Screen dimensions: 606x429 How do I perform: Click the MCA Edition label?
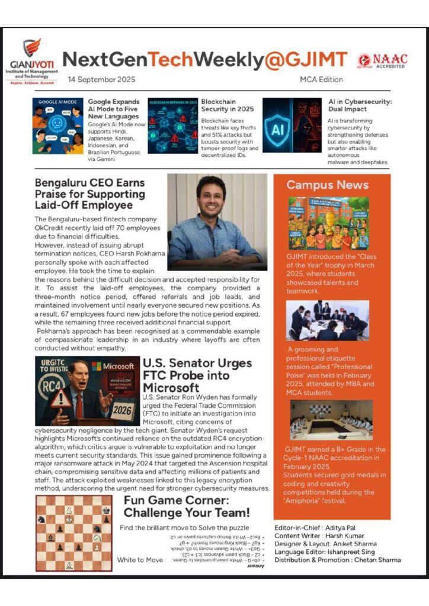coord(322,79)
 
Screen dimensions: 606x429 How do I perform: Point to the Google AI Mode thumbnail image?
coord(57,126)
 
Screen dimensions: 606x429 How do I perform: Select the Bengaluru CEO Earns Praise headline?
coord(89,194)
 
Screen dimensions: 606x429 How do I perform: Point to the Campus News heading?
coord(327,185)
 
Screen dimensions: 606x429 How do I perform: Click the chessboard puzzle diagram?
coord(73,533)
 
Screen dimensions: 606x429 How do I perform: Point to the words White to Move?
coord(140,559)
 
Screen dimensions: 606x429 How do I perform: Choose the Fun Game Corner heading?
coord(187,507)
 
